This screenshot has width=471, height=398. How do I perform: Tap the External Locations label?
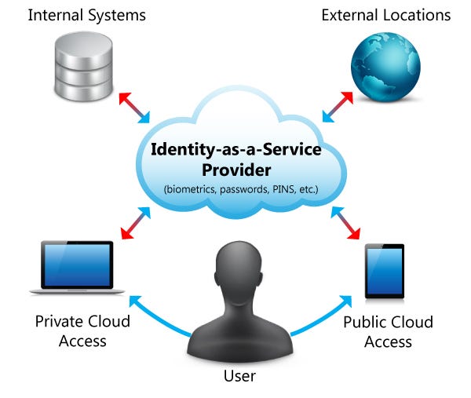[x=386, y=15]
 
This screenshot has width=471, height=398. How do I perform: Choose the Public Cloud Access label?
[x=388, y=331]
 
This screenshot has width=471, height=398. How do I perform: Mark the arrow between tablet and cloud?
[x=338, y=223]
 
